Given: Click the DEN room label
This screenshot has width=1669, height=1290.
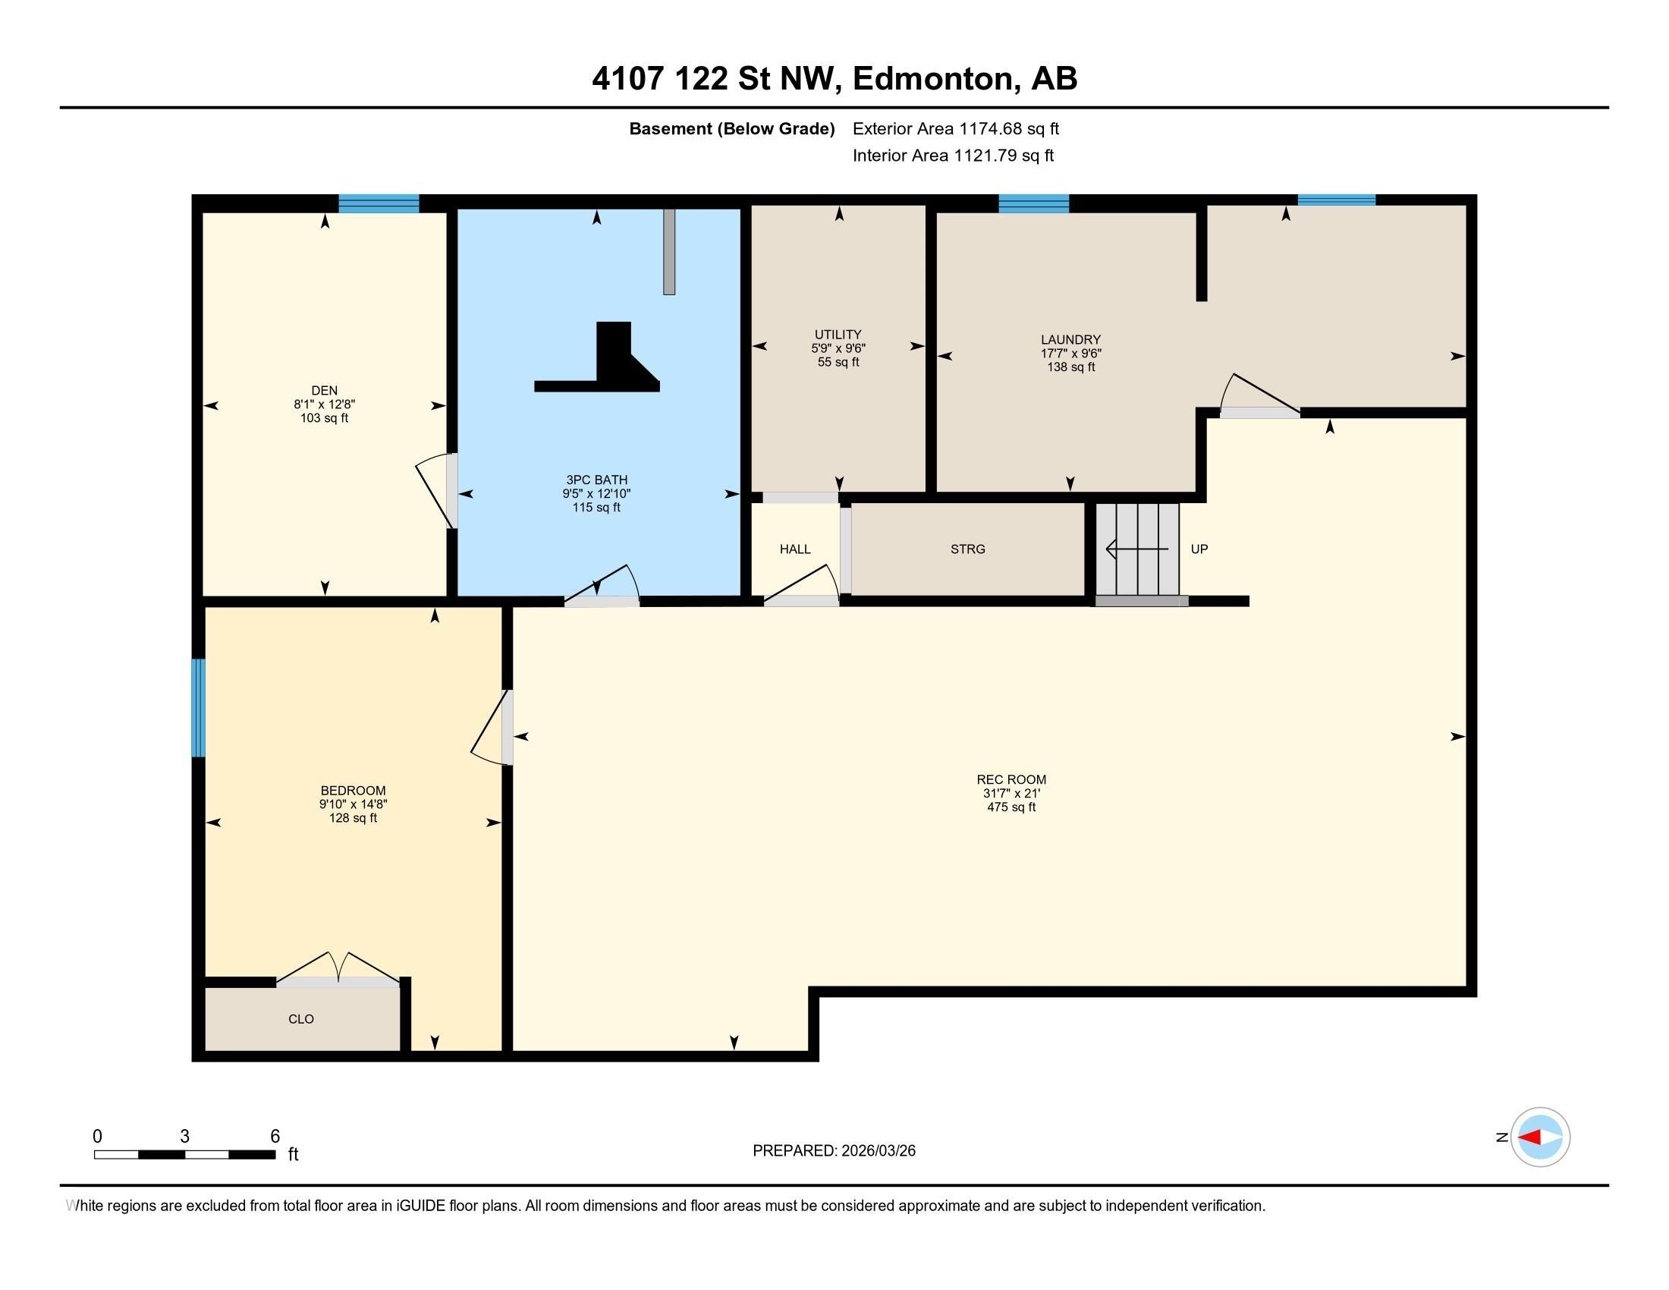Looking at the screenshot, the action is coord(324,391).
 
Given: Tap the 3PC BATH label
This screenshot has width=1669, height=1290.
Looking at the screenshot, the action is coord(596,480).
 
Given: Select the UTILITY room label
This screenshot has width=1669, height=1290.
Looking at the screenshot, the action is coord(838,335).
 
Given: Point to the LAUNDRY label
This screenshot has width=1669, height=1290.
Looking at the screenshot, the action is coord(1070,340).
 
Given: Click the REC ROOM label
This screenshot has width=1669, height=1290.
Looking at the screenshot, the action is coord(1011,780).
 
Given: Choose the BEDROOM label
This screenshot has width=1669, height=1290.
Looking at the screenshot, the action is coord(353,791).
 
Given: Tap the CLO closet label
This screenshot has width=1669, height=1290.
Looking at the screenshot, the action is coord(301,1019).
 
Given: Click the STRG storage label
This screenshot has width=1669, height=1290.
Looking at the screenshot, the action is coord(967,549).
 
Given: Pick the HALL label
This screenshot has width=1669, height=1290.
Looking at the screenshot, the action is coord(795,549).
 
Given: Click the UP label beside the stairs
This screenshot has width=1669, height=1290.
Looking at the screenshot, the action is coord(1199,549).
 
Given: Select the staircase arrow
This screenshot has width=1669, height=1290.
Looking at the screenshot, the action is coord(1137,549).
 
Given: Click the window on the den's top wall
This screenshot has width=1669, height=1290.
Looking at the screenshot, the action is coord(379,204).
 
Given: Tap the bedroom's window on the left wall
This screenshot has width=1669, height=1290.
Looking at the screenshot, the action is coord(199,708).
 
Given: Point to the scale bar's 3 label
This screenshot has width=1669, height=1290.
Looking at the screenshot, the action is coord(184,1137).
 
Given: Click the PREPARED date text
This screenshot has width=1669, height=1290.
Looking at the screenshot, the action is coord(834,1151).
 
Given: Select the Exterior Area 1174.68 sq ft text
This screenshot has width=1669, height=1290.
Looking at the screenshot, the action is coord(956,129).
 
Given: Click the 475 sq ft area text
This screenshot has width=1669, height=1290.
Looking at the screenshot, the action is coord(1011,807).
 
